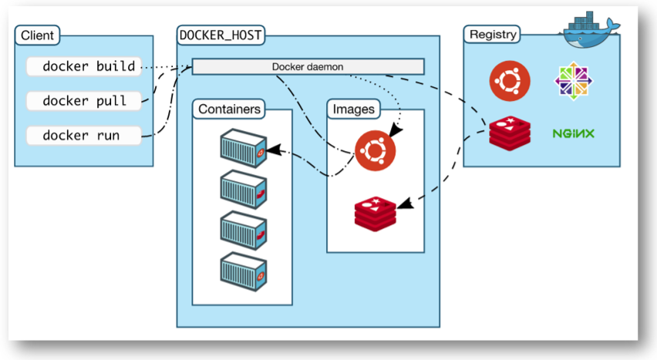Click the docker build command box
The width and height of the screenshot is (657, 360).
pos(84,67)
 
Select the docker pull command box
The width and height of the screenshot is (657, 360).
pos(84,101)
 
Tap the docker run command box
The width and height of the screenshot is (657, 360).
pos(84,136)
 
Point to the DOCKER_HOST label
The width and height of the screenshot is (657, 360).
pos(219,35)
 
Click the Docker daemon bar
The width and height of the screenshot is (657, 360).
pos(308,67)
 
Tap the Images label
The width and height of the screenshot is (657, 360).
pos(353,109)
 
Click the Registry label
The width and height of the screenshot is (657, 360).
pos(494,35)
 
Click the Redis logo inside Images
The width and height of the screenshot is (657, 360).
pos(375,214)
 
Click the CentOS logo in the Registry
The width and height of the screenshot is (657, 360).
pos(573,81)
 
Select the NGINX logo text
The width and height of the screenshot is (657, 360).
pos(573,133)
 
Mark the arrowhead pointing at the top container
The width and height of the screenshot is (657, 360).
pos(271,151)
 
